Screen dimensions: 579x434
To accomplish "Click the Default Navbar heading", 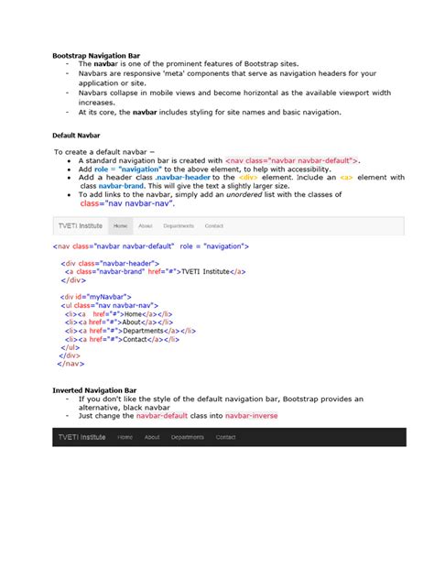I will point(75,134).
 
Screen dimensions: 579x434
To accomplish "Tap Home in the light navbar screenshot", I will point(120,225).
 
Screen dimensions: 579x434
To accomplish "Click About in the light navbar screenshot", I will point(146,225).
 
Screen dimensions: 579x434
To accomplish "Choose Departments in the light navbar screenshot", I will point(179,225).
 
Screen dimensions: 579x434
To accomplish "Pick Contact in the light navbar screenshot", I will point(214,225).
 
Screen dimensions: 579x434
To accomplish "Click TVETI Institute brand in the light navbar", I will point(80,225).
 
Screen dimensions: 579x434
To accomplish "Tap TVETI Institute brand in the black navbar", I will point(82,437).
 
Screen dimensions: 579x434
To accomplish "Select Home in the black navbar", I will point(125,437).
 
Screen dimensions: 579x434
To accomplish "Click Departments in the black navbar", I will point(187,437).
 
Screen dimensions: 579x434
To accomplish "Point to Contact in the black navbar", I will point(225,437).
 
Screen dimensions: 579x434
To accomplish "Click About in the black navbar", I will point(152,437).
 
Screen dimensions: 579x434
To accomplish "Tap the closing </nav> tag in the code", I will point(70,364).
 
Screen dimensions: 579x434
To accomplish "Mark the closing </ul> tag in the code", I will point(70,347).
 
